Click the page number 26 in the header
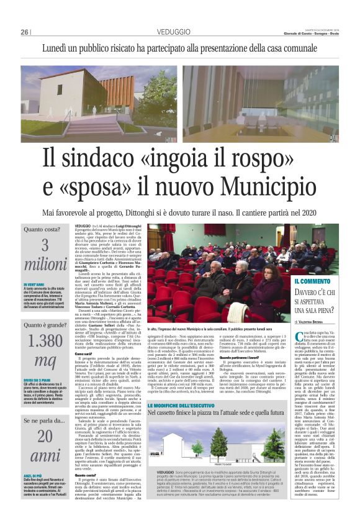[25, 32]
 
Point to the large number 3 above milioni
[45, 246]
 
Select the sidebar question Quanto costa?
[42, 229]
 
